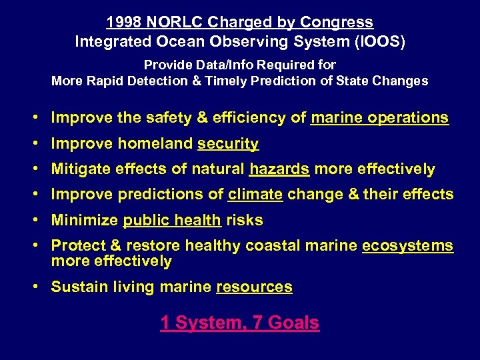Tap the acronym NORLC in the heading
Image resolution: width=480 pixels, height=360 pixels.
click(171, 23)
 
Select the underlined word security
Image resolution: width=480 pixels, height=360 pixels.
click(228, 144)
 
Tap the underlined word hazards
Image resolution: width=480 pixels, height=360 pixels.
click(279, 169)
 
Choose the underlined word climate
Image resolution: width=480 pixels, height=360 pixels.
click(255, 195)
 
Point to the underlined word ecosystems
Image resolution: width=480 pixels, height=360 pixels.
click(407, 246)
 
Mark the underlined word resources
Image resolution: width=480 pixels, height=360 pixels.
click(254, 287)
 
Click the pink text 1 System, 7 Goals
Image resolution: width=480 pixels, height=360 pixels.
click(239, 323)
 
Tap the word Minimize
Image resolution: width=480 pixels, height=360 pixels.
click(85, 220)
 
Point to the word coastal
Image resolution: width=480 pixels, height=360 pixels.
click(273, 246)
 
